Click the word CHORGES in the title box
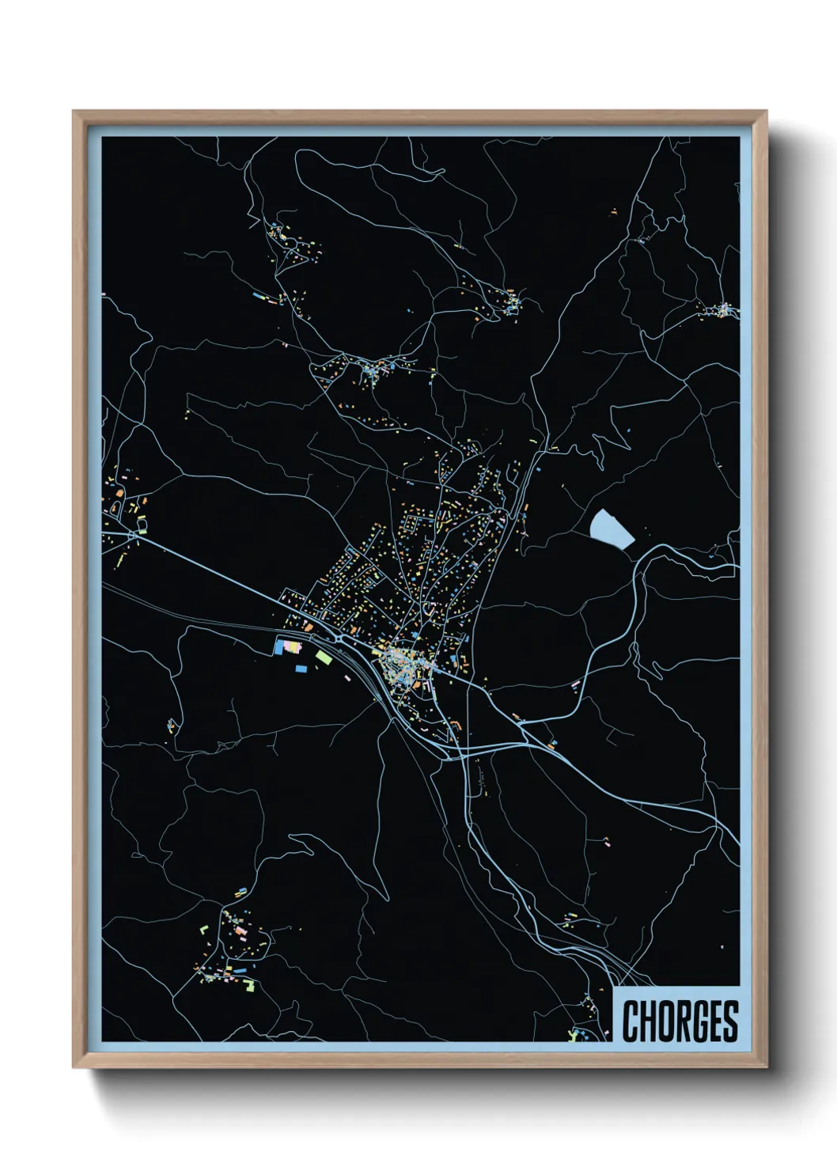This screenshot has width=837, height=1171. pyautogui.click(x=680, y=1021)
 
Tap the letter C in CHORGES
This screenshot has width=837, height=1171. pyautogui.click(x=631, y=1021)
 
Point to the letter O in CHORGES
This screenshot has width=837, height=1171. pyautogui.click(x=664, y=1021)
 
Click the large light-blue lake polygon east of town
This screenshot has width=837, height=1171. pyautogui.click(x=611, y=528)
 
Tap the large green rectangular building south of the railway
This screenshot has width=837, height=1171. pyautogui.click(x=324, y=656)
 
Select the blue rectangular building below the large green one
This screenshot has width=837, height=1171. pyautogui.click(x=301, y=669)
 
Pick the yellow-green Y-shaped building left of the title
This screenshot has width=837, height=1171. pyautogui.click(x=573, y=1033)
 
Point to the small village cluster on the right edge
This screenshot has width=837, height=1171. pyautogui.click(x=724, y=309)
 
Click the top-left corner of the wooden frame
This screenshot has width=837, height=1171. pyautogui.click(x=74, y=112)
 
